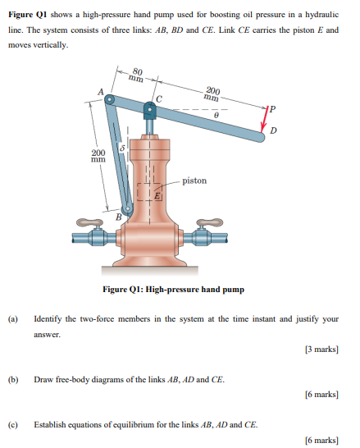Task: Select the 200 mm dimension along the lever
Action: click(212, 94)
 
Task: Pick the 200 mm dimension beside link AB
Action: click(98, 156)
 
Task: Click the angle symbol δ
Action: click(122, 149)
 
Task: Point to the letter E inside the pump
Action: click(160, 195)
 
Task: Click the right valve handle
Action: click(206, 222)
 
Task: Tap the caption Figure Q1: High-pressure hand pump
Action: click(173, 289)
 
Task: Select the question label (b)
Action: click(13, 379)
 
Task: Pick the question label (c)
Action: click(13, 424)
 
